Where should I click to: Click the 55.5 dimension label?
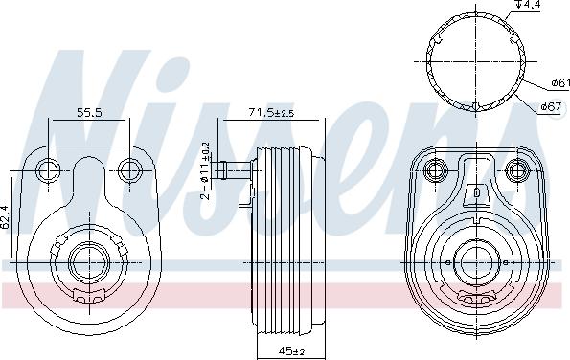coord(89,113)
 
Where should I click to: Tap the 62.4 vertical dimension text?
coord(5,217)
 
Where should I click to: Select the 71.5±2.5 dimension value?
coord(271,113)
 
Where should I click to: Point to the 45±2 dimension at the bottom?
coord(291,351)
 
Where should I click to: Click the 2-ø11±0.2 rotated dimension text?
coord(206,170)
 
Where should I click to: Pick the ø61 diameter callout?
coord(560,83)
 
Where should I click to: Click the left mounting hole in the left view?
coord(49,170)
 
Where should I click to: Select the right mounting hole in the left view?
coord(130,170)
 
